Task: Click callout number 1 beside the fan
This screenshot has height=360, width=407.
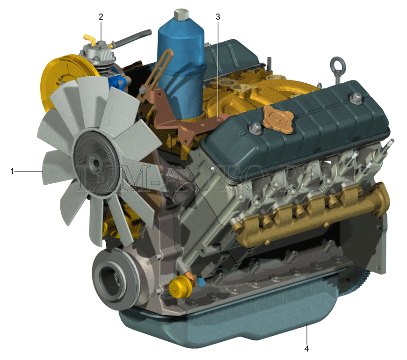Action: click(12, 171)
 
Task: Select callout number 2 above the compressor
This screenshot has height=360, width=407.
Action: click(101, 17)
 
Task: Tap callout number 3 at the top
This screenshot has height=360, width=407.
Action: click(218, 17)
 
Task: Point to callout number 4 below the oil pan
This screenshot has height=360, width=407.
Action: click(306, 349)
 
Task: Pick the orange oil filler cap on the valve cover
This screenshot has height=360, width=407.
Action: click(278, 119)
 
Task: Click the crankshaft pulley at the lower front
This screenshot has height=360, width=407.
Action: click(114, 279)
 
